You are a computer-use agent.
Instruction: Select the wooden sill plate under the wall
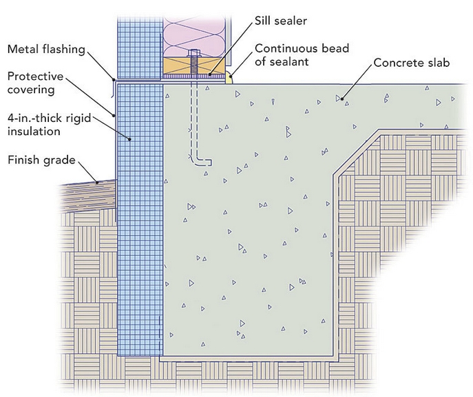(178, 67)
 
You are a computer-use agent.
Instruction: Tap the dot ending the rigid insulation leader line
(130, 139)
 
